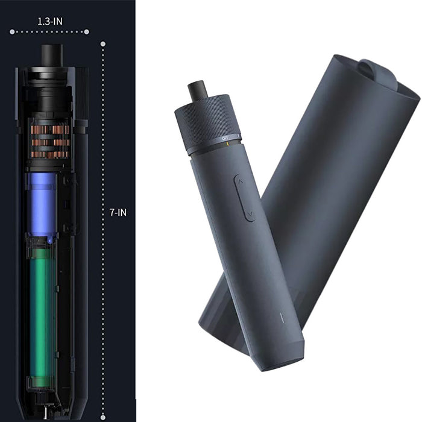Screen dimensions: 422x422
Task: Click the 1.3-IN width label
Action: coord(50,21)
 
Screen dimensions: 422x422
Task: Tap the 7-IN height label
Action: coord(118,212)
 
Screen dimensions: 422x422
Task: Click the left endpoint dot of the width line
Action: coord(12,32)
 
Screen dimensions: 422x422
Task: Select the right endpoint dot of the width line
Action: coord(86,32)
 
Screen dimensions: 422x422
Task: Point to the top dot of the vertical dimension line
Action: coord(103,44)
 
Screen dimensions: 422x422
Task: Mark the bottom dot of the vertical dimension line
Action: coord(103,417)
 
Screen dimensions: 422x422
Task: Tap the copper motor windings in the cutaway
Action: coord(50,140)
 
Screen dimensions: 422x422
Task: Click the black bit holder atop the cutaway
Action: coord(52,55)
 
